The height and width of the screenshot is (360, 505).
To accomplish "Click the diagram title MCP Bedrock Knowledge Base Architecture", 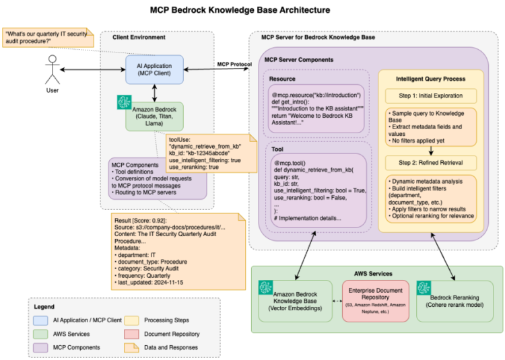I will [250, 10].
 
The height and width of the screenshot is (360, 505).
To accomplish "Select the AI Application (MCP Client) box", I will [154, 70].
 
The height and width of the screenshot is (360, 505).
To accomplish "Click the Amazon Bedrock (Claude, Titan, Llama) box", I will [154, 115].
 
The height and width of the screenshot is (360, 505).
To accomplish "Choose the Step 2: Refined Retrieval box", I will [431, 162].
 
